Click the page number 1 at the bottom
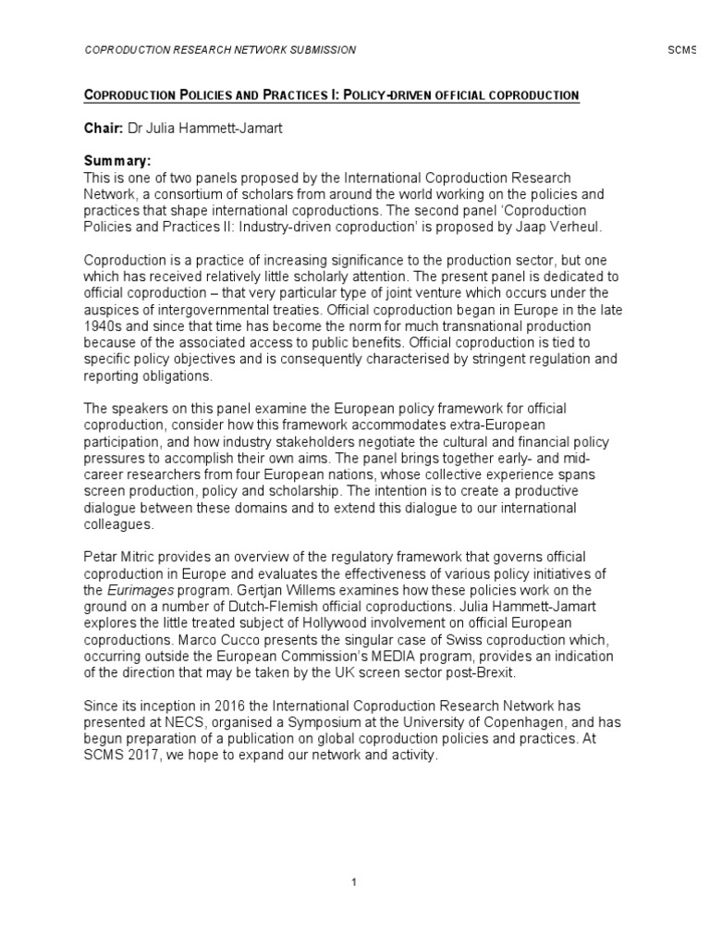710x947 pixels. pyautogui.click(x=354, y=881)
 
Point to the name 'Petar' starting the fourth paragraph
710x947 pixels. pyautogui.click(x=102, y=557)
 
